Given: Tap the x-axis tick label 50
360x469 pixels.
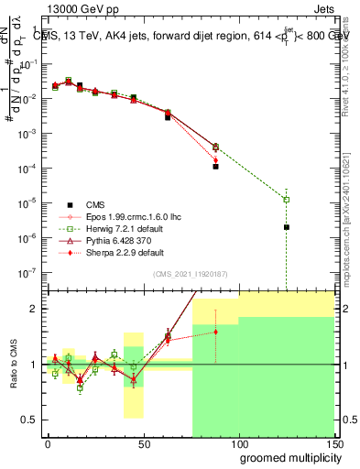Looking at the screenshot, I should (x=143, y=442).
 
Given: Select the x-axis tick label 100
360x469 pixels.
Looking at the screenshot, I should (x=238, y=442).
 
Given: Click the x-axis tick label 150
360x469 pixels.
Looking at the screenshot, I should (x=333, y=442).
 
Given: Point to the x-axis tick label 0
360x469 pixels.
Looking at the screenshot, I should (x=48, y=442).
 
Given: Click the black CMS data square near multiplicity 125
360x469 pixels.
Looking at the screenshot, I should (x=287, y=227).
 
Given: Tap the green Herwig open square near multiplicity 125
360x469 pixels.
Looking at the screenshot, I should (x=287, y=200).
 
